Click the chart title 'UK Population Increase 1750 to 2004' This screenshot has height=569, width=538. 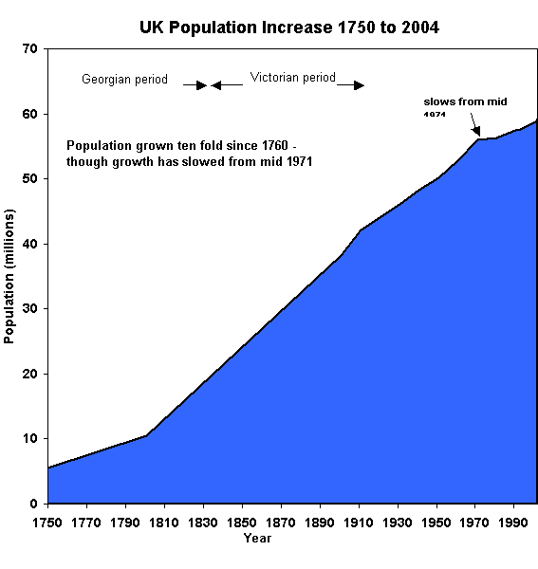(x=288, y=28)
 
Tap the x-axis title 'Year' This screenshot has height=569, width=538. (x=257, y=539)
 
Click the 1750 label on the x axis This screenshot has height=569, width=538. (x=47, y=523)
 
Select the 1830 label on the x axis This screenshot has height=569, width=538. (x=203, y=523)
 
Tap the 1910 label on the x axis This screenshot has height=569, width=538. (x=359, y=523)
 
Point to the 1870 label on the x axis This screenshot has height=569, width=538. (x=281, y=523)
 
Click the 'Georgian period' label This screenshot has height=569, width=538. (x=124, y=80)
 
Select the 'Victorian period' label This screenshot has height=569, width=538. (x=293, y=78)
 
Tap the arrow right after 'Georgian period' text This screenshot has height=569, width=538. (x=196, y=85)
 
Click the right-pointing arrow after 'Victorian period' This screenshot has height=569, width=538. (x=353, y=85)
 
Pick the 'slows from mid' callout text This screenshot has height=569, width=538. (x=458, y=101)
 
